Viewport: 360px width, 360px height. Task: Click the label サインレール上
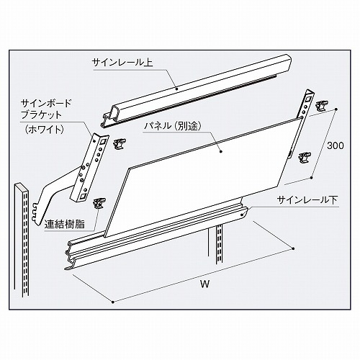[x=122, y=63]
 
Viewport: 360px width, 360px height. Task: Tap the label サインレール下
[x=307, y=200]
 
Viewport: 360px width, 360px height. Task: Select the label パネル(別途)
[x=172, y=126]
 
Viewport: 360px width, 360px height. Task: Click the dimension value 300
[x=336, y=145]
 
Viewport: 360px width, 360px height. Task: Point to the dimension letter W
[x=204, y=284]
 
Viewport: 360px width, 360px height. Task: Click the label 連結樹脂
[x=65, y=224]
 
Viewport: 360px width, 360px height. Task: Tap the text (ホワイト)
[x=44, y=130]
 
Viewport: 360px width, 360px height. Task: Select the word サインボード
[x=46, y=104]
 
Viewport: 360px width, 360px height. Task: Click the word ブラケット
[x=41, y=115]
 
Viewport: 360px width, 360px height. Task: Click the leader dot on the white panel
[x=220, y=151]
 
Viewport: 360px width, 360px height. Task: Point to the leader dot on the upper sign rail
[x=177, y=89]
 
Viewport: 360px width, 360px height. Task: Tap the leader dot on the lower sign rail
[x=242, y=215]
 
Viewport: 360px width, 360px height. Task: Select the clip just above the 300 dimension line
[x=322, y=106]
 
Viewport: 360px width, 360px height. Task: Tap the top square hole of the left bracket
[x=104, y=142]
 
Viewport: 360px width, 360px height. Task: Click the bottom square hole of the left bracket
[x=82, y=197]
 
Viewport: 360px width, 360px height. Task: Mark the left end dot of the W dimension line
[x=112, y=302]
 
